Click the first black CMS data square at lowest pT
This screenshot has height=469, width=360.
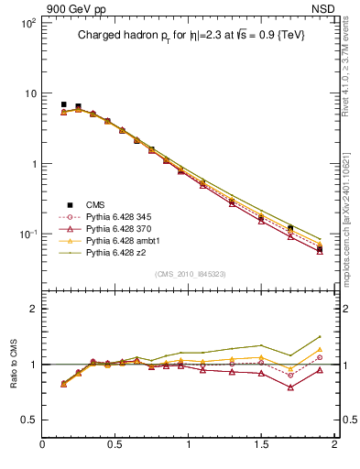(x=63, y=104)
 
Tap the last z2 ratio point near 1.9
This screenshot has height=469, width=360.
(x=320, y=337)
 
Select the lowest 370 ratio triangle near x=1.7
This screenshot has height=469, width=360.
(x=290, y=387)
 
